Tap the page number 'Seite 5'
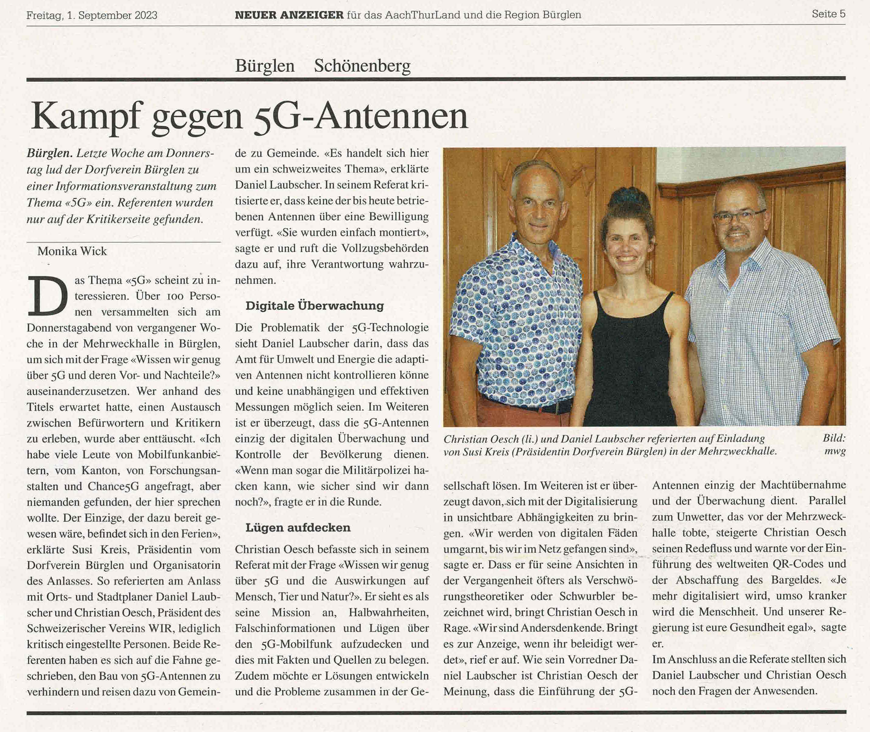(828, 14)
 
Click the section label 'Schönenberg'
(362, 66)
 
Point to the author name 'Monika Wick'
(72, 251)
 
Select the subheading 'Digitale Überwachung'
(315, 306)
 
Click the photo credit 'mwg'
(835, 452)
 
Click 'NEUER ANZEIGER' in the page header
(289, 15)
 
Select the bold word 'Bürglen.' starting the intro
(50, 153)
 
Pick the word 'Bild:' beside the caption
(834, 438)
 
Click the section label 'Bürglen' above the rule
(264, 66)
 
